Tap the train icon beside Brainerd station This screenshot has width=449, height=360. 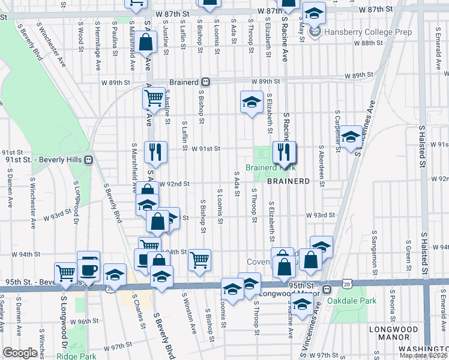[x=205, y=82]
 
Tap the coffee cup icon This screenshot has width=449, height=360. [x=88, y=269]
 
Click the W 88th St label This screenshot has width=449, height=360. [x=368, y=43]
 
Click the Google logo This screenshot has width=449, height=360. [x=20, y=353]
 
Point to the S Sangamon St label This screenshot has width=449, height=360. [x=375, y=250]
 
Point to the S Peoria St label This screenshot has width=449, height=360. [x=391, y=309]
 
